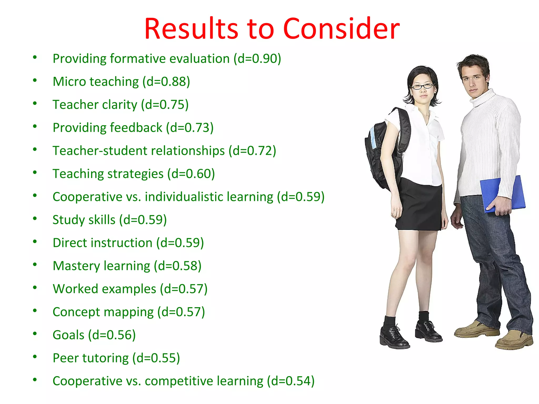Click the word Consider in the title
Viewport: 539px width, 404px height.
click(x=341, y=29)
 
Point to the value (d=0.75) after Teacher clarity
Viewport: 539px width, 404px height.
click(x=165, y=105)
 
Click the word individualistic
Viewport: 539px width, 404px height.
click(x=209, y=197)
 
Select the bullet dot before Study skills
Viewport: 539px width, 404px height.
click(x=35, y=219)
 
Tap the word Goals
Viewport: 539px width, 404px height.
click(x=68, y=335)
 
